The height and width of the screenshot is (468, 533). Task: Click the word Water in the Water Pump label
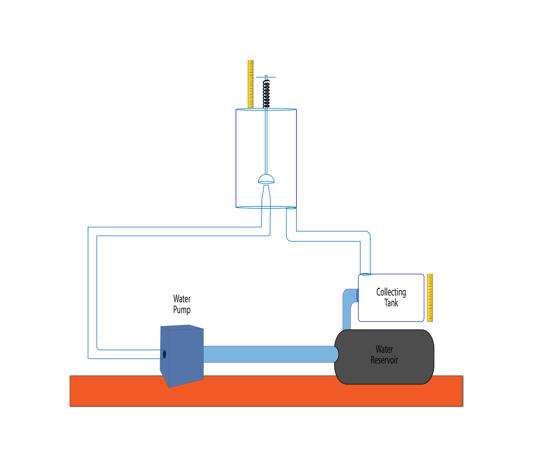click(182, 299)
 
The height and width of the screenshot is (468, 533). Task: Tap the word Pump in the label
click(182, 310)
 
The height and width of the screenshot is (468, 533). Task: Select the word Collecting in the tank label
click(391, 292)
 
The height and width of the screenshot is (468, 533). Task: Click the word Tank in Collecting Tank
click(391, 303)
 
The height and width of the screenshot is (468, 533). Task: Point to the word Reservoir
click(384, 360)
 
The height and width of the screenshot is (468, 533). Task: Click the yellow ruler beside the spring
click(250, 84)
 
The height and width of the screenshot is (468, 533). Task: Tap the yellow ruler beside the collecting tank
click(430, 298)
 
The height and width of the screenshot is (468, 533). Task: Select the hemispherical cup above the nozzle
click(266, 179)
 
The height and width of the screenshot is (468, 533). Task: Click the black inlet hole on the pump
click(164, 354)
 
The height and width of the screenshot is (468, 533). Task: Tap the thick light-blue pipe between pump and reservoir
click(270, 354)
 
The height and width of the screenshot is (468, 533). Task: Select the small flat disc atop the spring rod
click(266, 77)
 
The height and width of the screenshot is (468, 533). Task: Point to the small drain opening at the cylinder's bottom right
click(291, 208)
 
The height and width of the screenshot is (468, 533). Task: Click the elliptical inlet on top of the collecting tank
click(365, 274)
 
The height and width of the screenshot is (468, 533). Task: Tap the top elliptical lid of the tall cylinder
click(266, 110)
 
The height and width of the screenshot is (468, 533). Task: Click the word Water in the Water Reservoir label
click(384, 349)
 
